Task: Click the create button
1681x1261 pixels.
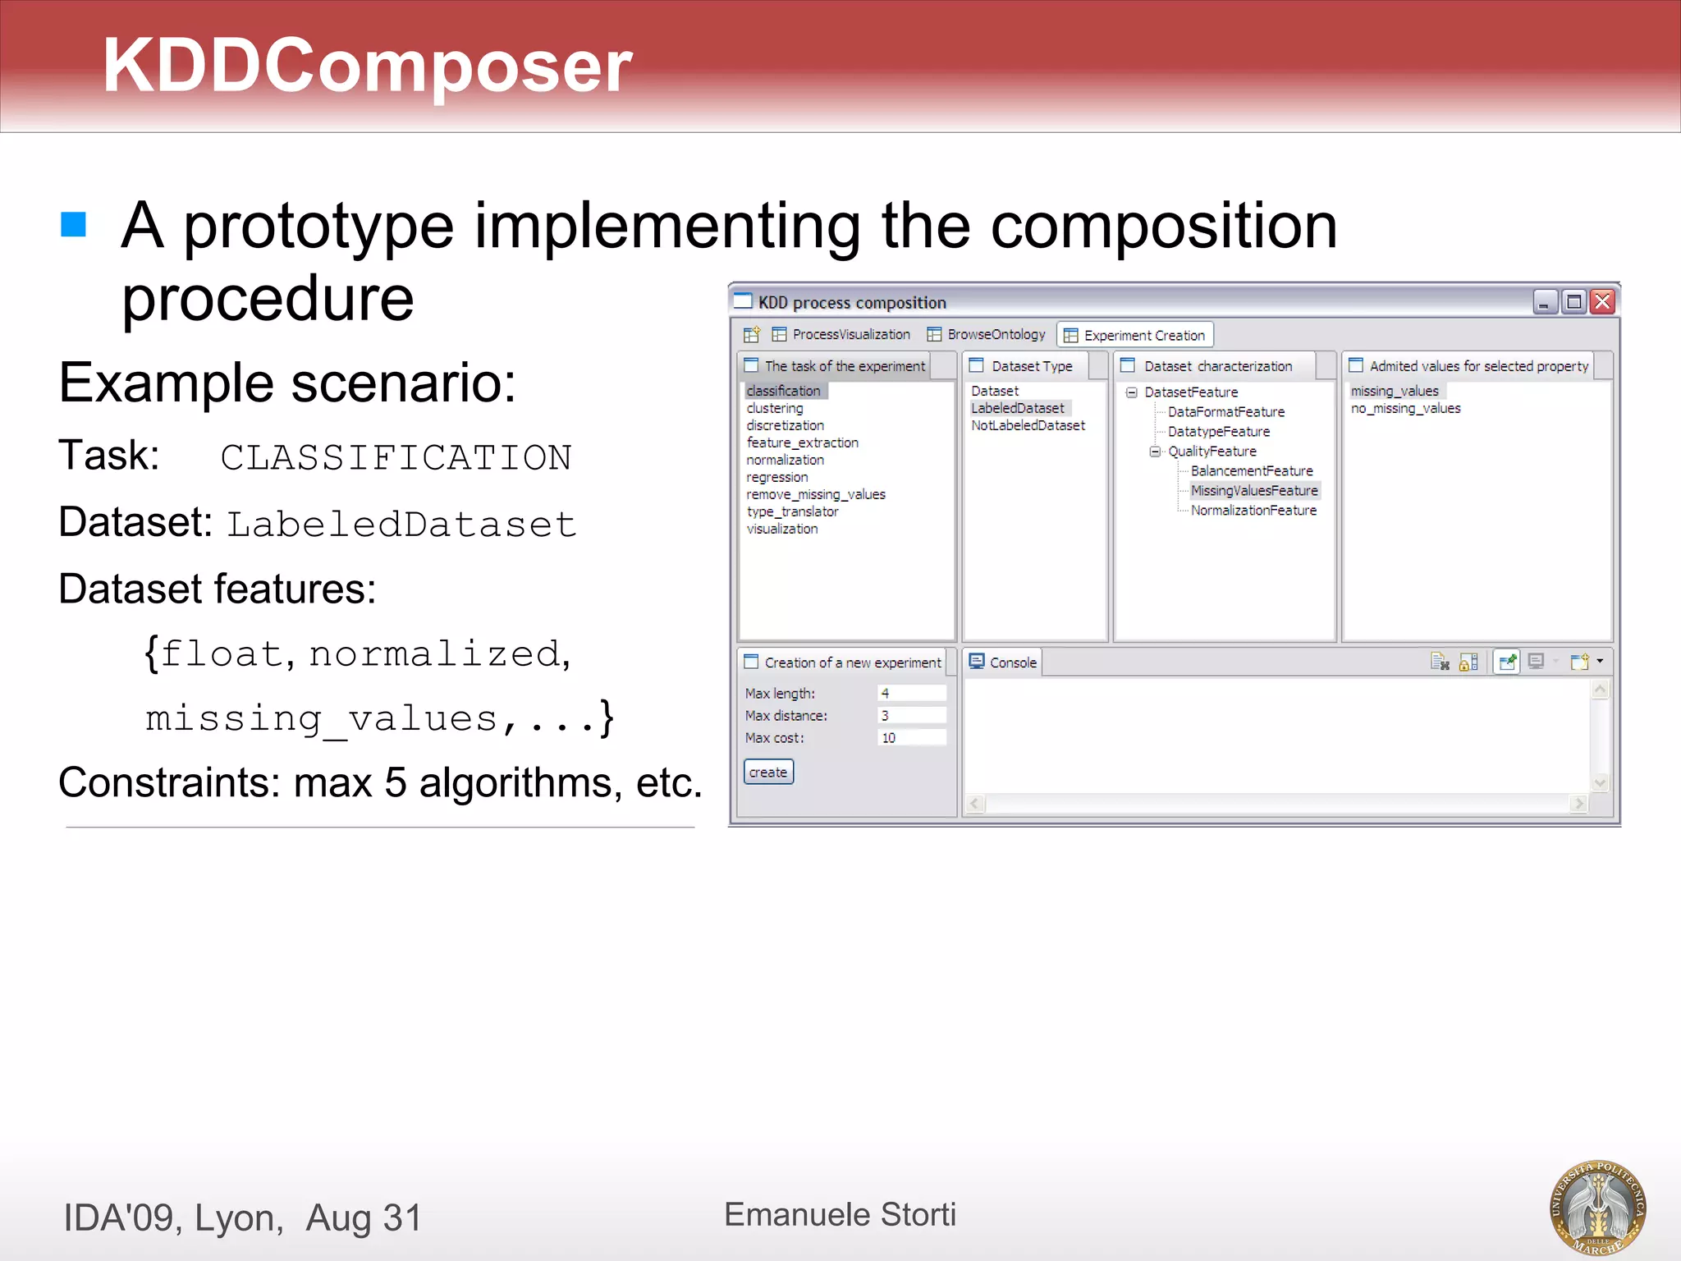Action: click(x=768, y=772)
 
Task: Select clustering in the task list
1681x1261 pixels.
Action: click(x=775, y=408)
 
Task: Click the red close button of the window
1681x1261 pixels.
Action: click(x=1602, y=302)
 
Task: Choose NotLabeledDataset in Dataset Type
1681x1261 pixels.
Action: click(x=1028, y=425)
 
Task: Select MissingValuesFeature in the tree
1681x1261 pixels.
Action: click(x=1254, y=490)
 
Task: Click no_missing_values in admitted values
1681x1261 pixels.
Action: click(x=1405, y=408)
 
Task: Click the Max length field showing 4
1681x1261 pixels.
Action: click(x=911, y=693)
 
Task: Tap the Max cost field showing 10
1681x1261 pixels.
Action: click(x=911, y=737)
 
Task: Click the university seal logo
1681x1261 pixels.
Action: click(x=1597, y=1207)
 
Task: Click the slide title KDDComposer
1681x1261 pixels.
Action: click(x=367, y=66)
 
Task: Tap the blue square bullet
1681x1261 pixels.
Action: click(x=74, y=224)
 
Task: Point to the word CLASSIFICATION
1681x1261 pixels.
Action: click(x=396, y=457)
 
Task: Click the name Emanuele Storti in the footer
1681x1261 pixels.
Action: click(x=840, y=1214)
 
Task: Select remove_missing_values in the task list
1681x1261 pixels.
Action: click(x=816, y=494)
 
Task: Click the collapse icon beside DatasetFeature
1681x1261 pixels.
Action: click(x=1132, y=392)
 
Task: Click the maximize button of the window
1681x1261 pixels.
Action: click(x=1573, y=302)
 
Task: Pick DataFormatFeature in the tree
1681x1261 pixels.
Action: click(x=1226, y=411)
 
